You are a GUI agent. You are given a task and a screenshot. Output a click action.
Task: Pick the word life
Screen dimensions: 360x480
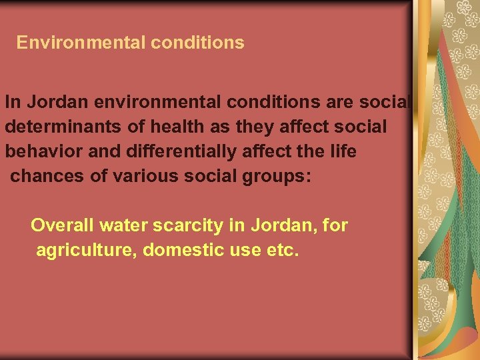tap(343, 151)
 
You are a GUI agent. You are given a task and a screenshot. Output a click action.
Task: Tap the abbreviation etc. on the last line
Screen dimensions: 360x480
tap(284, 250)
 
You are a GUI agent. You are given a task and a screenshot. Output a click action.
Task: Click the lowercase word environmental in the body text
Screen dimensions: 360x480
tap(155, 102)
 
